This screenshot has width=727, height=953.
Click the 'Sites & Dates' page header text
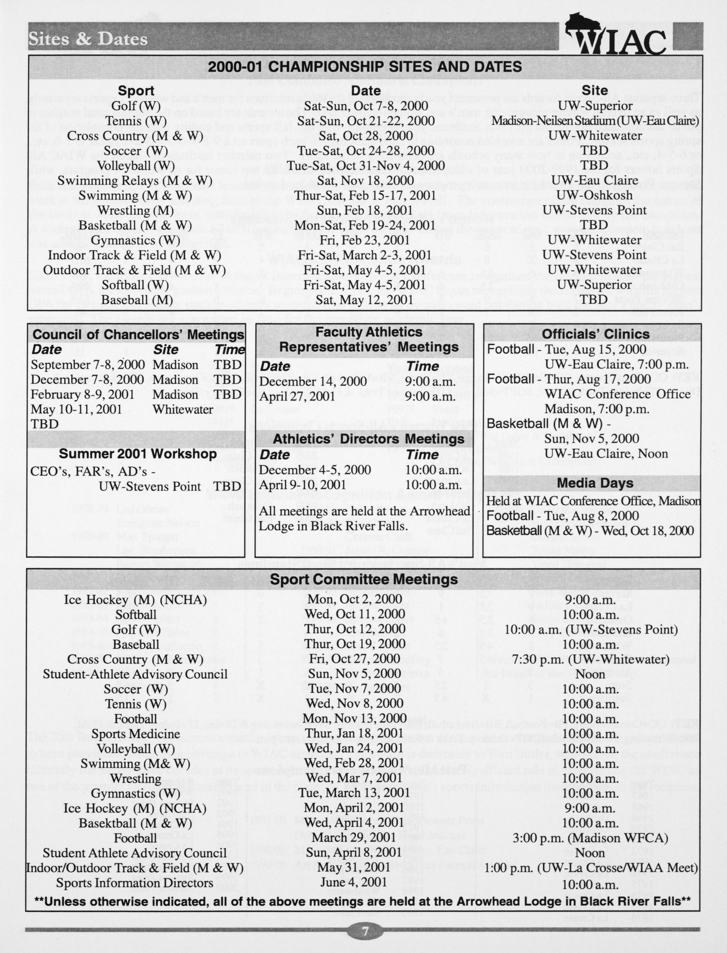click(88, 39)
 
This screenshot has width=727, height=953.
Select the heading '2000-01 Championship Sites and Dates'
click(365, 67)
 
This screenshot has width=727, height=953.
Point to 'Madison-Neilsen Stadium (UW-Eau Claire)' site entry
click(595, 120)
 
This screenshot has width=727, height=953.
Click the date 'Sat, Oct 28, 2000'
click(366, 135)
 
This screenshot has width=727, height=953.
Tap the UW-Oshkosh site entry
click(595, 195)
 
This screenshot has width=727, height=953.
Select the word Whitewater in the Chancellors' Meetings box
click(183, 409)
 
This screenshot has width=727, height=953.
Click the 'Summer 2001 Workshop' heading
click(138, 453)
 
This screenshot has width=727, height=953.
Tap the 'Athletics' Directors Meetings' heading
click(368, 439)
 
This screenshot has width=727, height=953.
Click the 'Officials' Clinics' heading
click(595, 334)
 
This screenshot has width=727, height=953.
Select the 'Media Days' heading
click(595, 483)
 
